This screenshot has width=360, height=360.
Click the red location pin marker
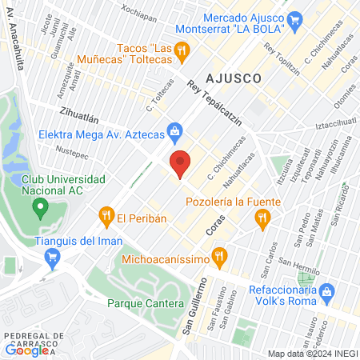click(181, 164)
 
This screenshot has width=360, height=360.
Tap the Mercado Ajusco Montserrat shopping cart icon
click(295, 18)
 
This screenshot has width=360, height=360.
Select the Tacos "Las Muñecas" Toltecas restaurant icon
click(183, 50)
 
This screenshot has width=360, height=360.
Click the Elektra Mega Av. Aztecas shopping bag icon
click(174, 130)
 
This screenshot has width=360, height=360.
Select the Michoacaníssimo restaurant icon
click(222, 258)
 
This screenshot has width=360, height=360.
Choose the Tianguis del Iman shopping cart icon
click(54, 257)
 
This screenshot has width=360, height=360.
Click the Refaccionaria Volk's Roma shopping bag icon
click(326, 294)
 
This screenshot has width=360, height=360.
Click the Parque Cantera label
click(146, 303)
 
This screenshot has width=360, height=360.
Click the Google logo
click(26, 349)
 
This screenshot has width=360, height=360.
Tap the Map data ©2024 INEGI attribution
click(311, 354)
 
